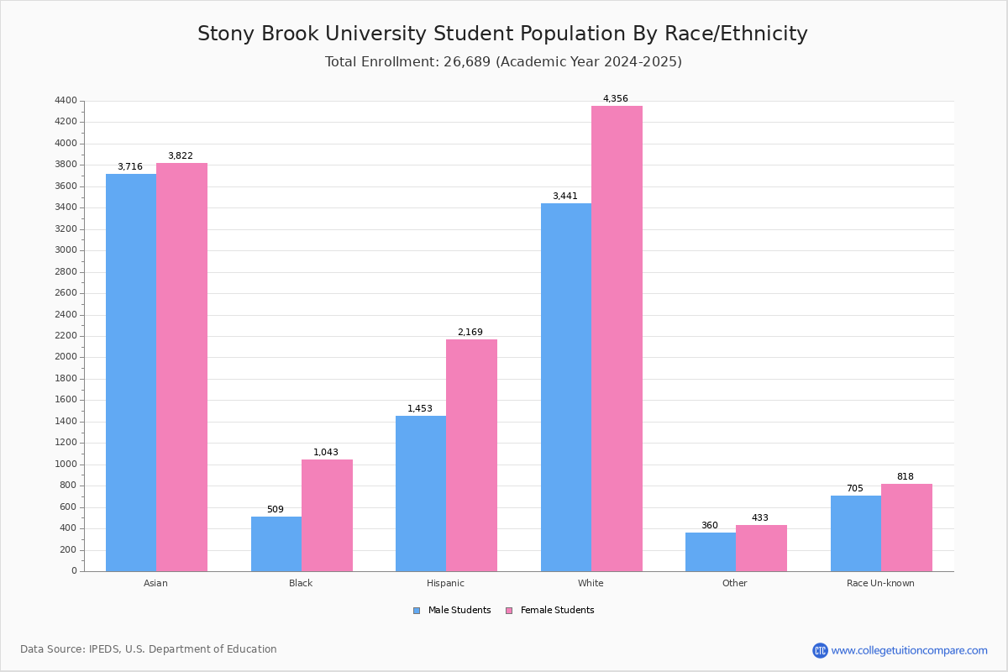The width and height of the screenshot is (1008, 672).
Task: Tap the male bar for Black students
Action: click(x=276, y=543)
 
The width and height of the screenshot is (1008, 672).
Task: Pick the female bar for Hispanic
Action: click(x=471, y=455)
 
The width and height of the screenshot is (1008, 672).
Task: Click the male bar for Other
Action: click(x=711, y=552)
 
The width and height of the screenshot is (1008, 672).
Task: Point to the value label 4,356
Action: click(x=615, y=99)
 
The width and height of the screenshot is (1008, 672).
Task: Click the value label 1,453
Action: click(x=420, y=409)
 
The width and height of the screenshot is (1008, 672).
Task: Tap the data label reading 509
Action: click(x=276, y=510)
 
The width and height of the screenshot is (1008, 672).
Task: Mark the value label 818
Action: click(x=905, y=477)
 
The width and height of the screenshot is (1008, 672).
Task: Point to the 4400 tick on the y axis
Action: click(x=66, y=101)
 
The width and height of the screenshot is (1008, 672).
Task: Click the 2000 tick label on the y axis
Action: click(x=66, y=357)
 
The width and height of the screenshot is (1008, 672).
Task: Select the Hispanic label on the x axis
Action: click(x=445, y=583)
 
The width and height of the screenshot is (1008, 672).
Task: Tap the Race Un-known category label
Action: click(x=880, y=583)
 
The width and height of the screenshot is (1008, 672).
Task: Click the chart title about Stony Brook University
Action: click(x=502, y=34)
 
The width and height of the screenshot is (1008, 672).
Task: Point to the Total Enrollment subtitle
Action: click(x=502, y=62)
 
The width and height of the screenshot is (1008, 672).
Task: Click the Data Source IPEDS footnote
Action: click(x=149, y=649)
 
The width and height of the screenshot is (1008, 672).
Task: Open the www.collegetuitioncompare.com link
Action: click(x=909, y=650)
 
